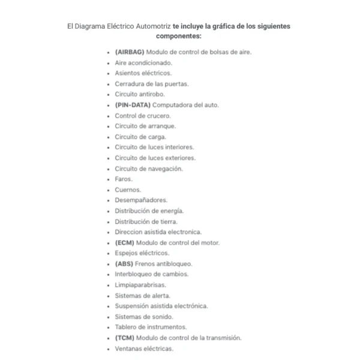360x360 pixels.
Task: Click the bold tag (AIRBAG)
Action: click(129, 52)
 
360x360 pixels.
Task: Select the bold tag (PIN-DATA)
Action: click(133, 105)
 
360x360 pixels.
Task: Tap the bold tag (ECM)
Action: click(125, 242)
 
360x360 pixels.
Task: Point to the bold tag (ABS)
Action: click(124, 263)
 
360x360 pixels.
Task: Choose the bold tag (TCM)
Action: click(125, 338)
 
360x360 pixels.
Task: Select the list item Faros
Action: click(124, 179)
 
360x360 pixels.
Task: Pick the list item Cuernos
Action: click(128, 190)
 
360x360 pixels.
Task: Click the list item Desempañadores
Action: click(141, 200)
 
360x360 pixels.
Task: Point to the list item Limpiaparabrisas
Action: click(140, 285)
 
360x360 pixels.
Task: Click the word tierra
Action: click(167, 221)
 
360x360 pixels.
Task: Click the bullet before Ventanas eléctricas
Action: click(107, 349)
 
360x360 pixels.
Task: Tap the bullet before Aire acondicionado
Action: click(107, 63)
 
